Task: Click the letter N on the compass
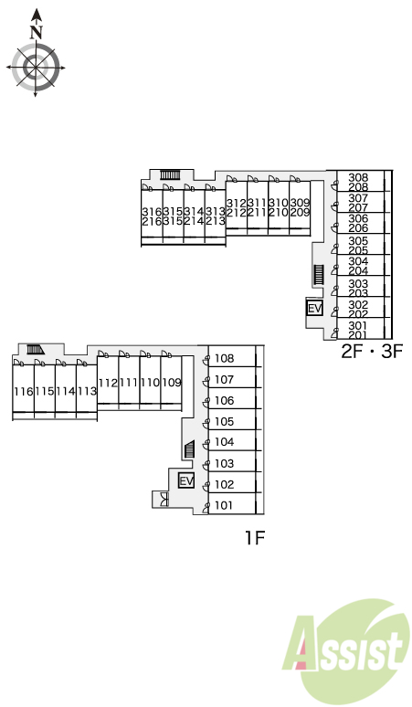(36, 32)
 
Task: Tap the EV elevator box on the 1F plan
(186, 480)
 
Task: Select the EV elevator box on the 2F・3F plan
(314, 309)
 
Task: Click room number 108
(224, 358)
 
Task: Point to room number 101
(224, 505)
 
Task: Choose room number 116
(24, 391)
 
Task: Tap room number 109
(172, 383)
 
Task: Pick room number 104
(224, 442)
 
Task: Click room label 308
(358, 177)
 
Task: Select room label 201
(358, 334)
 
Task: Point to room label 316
(152, 212)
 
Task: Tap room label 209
(300, 212)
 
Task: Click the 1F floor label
(255, 537)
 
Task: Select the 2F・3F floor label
(371, 352)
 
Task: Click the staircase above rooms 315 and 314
(171, 174)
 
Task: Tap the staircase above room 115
(35, 349)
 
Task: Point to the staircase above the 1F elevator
(190, 449)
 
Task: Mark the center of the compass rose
(36, 68)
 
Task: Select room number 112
(108, 383)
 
